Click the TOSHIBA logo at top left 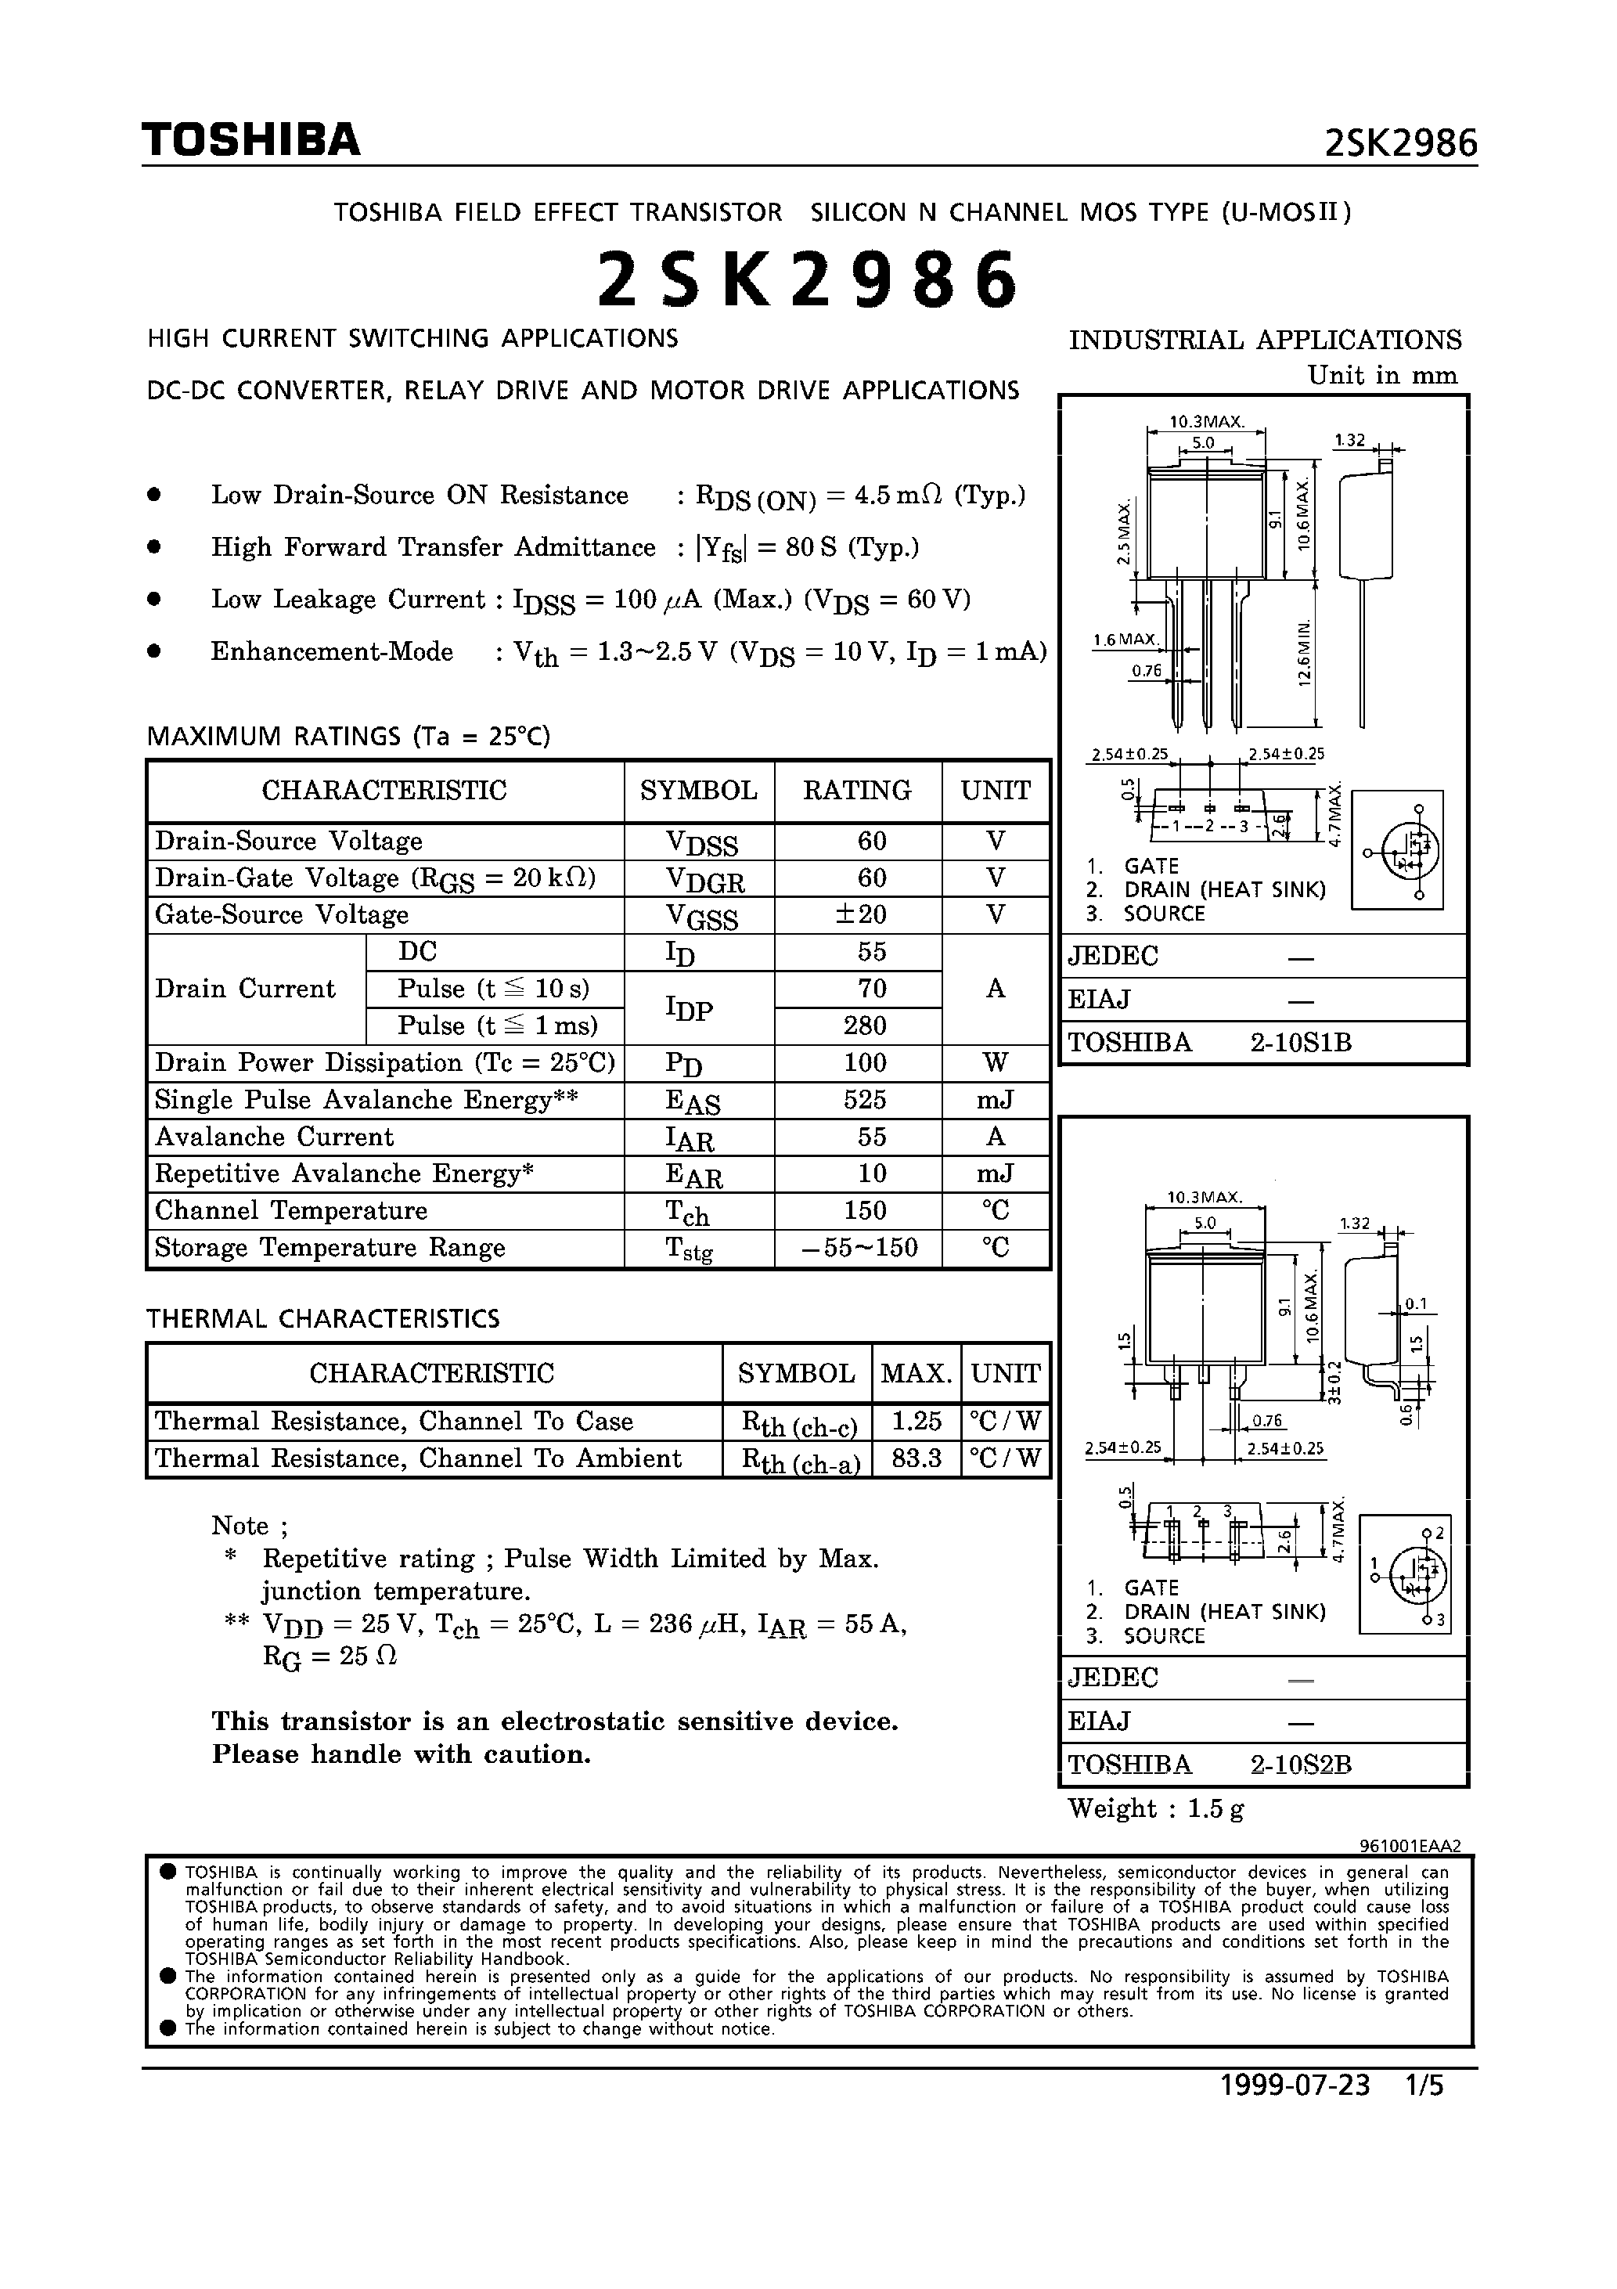(x=250, y=141)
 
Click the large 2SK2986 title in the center (x=808, y=280)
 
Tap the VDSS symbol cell (x=700, y=842)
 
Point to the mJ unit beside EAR (x=995, y=1173)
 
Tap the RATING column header (x=857, y=791)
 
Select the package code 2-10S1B (x=1300, y=1043)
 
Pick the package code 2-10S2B (x=1300, y=1765)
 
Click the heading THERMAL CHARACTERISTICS (x=323, y=1319)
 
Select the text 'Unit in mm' (x=1381, y=376)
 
